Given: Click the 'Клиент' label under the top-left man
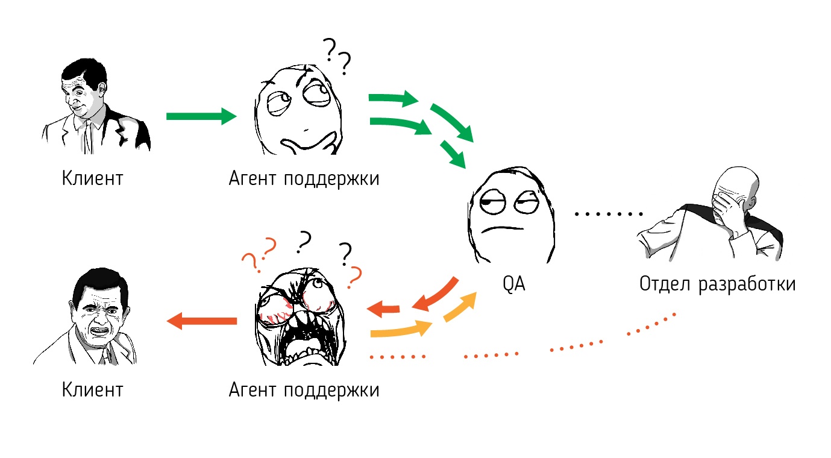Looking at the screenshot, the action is [92, 178].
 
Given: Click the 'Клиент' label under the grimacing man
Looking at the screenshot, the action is [92, 390].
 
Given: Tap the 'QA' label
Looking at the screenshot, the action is [514, 284].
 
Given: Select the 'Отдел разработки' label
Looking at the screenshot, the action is [717, 284].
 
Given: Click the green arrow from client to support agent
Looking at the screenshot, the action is [201, 116].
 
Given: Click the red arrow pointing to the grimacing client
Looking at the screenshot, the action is [201, 321].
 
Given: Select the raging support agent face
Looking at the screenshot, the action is [298, 316].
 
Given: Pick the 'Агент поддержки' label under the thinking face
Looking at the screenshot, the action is [304, 178].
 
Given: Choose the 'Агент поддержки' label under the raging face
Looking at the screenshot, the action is [304, 390].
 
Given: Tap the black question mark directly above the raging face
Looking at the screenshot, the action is [304, 241].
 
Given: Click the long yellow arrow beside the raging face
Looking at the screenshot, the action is [401, 330].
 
